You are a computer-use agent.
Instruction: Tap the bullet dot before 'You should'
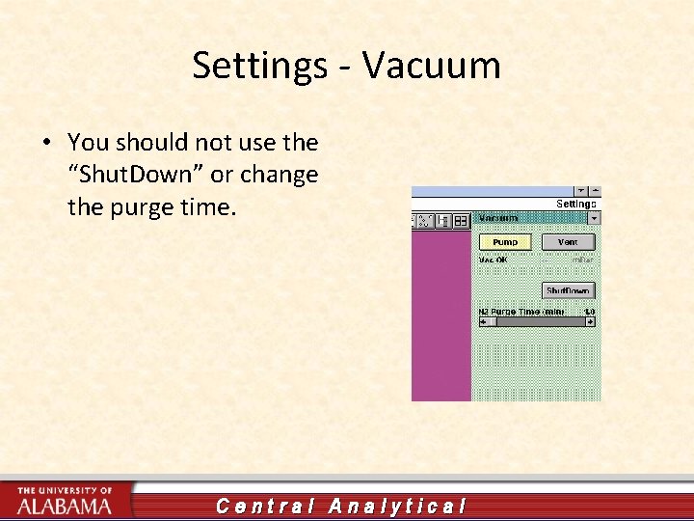tap(46, 143)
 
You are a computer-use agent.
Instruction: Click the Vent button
tap(568, 242)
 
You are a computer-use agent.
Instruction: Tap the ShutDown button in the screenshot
tap(568, 290)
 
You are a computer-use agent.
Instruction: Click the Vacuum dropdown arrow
tap(594, 219)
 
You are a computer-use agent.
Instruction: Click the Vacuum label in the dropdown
tap(499, 219)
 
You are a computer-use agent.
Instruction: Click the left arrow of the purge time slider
tap(484, 322)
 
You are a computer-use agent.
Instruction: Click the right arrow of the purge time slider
tap(590, 322)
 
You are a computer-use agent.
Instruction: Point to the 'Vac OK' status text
tap(493, 259)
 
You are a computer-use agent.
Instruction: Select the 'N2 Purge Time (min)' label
tap(520, 312)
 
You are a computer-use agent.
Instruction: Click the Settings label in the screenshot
tap(576, 204)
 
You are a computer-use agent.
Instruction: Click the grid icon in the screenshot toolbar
tap(461, 220)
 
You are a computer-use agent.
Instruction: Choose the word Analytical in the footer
tap(397, 506)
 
